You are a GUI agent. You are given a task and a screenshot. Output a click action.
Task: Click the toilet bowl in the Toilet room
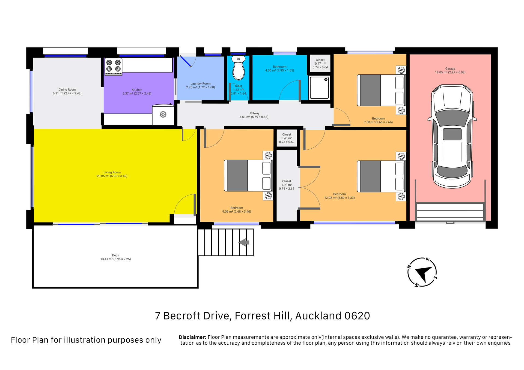238,68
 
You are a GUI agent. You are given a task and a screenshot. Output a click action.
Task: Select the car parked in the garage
452,136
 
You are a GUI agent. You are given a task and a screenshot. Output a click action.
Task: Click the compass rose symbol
422,272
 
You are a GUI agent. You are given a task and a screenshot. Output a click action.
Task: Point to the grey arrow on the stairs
244,242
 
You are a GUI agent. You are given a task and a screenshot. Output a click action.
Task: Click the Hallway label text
254,113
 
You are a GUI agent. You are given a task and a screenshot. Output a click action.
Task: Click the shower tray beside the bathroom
319,88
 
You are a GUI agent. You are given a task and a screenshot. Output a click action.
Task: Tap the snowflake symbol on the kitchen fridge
163,114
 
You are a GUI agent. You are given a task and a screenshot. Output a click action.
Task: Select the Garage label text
450,69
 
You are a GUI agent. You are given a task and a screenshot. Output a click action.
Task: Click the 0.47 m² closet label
320,64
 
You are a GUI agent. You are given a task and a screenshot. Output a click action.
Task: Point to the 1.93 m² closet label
287,185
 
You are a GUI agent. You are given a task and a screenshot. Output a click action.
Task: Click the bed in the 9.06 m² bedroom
248,176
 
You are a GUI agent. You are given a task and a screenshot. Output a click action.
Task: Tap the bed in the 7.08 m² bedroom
381,90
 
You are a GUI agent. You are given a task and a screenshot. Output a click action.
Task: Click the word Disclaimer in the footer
192,337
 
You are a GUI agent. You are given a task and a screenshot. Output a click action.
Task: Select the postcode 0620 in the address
357,316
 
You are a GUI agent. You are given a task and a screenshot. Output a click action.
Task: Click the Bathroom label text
280,67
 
